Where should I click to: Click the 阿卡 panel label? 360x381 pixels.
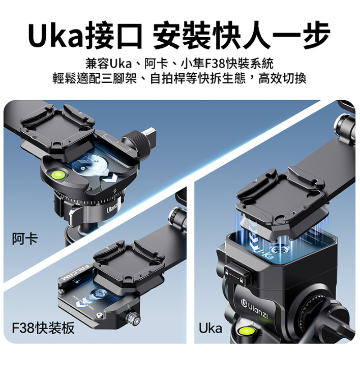pyautogui.click(x=25, y=239)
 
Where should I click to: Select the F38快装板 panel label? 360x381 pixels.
pyautogui.click(x=43, y=328)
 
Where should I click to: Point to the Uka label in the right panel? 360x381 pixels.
pyautogui.click(x=211, y=328)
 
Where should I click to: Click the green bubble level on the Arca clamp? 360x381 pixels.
pyautogui.click(x=58, y=174)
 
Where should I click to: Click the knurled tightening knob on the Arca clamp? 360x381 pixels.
pyautogui.click(x=138, y=143)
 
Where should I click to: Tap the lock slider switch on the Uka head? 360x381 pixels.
pyautogui.click(x=236, y=273)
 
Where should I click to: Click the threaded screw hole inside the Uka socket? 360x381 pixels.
pyautogui.click(x=280, y=250)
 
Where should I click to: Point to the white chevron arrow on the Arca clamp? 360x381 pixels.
pyautogui.click(x=109, y=180)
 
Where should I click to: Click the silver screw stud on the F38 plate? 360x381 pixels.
pyautogui.click(x=132, y=318)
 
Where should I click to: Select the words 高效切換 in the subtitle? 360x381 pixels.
pyautogui.click(x=282, y=78)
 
